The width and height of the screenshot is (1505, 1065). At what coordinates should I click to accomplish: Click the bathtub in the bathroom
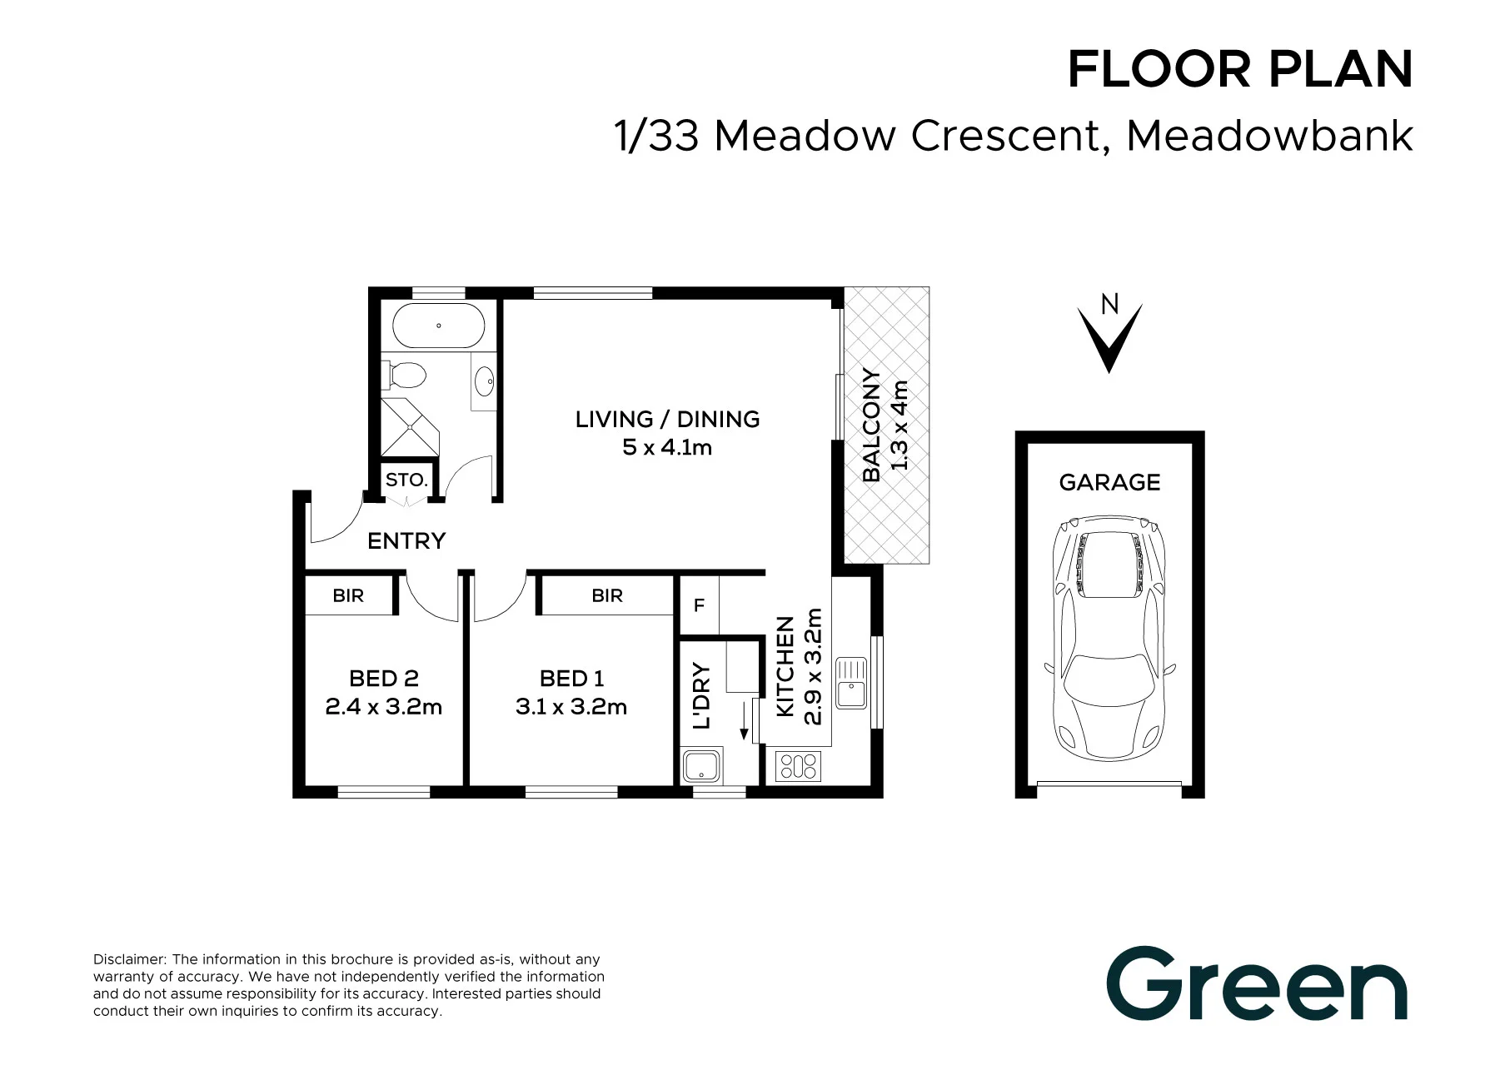[439, 326]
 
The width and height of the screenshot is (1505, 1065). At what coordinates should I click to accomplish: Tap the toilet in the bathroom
[404, 375]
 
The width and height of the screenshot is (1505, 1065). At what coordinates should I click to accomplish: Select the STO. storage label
[406, 480]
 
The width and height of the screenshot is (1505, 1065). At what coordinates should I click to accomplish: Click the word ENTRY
[406, 541]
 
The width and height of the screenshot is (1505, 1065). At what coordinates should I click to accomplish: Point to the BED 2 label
[384, 679]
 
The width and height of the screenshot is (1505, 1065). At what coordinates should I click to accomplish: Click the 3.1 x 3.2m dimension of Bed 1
[571, 707]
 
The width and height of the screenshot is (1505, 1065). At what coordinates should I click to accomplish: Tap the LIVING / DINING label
[668, 419]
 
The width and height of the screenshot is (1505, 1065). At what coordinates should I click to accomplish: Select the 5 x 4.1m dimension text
[667, 447]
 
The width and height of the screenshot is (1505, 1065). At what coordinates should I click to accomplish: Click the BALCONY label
[871, 425]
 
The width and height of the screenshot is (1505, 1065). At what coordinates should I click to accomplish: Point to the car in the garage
[1109, 637]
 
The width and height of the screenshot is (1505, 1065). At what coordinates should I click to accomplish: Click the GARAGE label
[1109, 482]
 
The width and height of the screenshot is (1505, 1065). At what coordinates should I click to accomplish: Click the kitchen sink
[851, 684]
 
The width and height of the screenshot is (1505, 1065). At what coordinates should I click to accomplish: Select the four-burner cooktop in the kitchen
[798, 766]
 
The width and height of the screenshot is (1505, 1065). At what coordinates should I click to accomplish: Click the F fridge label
[700, 605]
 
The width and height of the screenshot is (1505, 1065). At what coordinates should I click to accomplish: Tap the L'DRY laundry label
[703, 695]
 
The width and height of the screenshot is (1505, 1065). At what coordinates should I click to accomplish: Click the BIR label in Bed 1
[607, 595]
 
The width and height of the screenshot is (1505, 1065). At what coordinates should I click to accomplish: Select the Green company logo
[1257, 983]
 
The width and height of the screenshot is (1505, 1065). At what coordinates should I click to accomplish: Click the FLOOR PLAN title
[1240, 69]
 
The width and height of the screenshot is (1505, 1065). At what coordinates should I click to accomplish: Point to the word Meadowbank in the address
[1269, 136]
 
